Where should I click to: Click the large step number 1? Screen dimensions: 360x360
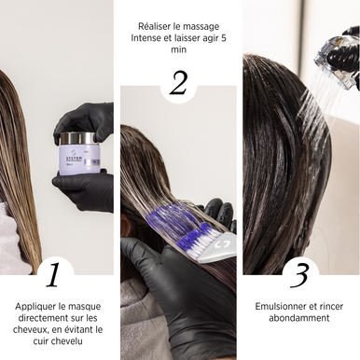pyautogui.click(x=53, y=275)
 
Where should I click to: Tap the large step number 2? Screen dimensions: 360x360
pyautogui.click(x=178, y=83)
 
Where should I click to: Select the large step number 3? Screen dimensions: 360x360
pyautogui.click(x=299, y=275)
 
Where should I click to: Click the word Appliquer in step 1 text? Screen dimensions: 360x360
pyautogui.click(x=35, y=307)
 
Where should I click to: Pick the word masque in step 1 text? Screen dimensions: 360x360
pyautogui.click(x=85, y=307)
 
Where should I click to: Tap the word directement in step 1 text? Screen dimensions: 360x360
pyautogui.click(x=41, y=318)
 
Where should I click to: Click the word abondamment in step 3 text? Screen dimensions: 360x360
pyautogui.click(x=299, y=318)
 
